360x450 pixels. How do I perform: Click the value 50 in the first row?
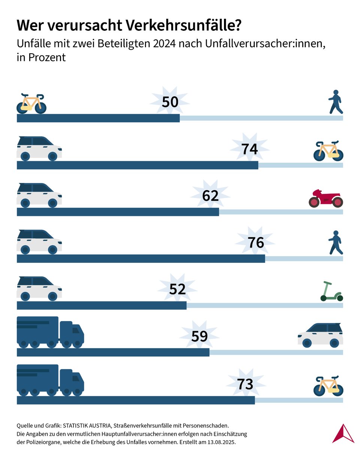(x=170, y=102)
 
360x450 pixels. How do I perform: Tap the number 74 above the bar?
(x=249, y=149)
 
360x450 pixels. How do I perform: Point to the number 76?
(x=256, y=243)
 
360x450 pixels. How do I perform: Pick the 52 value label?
(x=177, y=289)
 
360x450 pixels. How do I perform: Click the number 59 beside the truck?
(x=199, y=336)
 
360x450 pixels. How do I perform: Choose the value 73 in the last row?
(x=245, y=384)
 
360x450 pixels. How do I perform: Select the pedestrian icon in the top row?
(x=336, y=102)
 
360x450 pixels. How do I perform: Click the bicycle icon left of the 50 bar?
(x=31, y=103)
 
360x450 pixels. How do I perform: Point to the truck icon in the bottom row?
(x=50, y=380)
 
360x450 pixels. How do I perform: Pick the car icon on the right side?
(x=321, y=335)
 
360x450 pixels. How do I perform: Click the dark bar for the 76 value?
(x=141, y=259)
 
